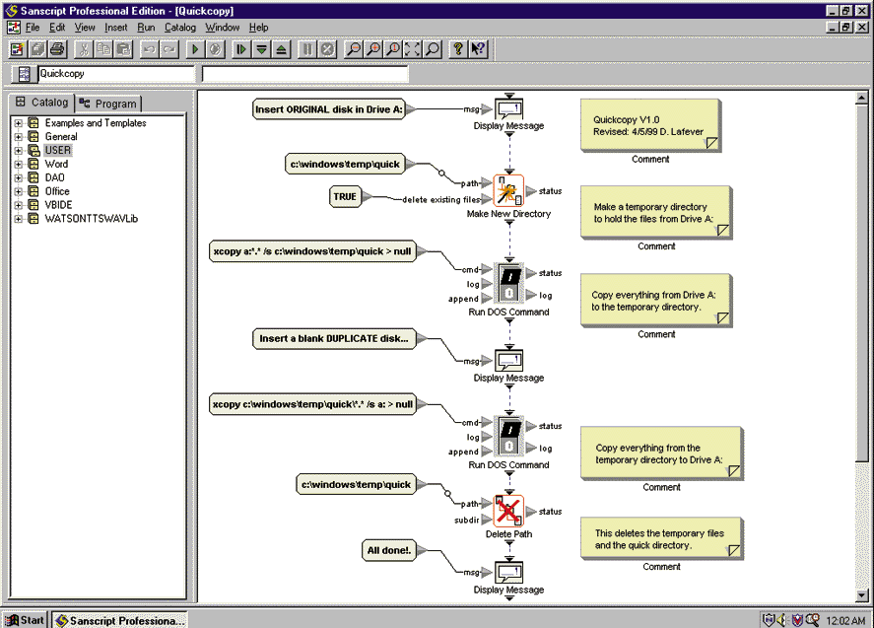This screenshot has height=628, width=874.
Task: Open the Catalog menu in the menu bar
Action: tap(180, 28)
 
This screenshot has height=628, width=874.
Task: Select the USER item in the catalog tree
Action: tap(58, 151)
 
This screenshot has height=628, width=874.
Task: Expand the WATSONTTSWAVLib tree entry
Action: tap(19, 219)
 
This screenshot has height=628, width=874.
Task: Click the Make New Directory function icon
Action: tap(507, 190)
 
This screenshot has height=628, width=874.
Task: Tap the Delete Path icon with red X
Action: tap(508, 511)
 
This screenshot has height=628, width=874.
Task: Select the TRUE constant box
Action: tap(345, 197)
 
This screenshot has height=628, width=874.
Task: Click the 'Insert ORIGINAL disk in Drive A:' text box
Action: tap(329, 109)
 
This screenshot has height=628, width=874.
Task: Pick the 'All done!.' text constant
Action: tap(388, 550)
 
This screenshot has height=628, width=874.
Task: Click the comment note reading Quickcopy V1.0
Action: tap(649, 125)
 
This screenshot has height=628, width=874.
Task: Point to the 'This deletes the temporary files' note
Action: tap(660, 538)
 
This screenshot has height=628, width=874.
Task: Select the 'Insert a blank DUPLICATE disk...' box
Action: tap(333, 339)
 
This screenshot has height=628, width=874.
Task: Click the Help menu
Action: tap(258, 28)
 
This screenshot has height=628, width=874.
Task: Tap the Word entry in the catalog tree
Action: tap(56, 165)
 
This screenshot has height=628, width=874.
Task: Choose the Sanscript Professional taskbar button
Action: tap(120, 620)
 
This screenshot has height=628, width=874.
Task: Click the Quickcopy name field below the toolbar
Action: tap(115, 74)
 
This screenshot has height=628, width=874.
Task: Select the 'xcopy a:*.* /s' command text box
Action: tap(312, 251)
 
